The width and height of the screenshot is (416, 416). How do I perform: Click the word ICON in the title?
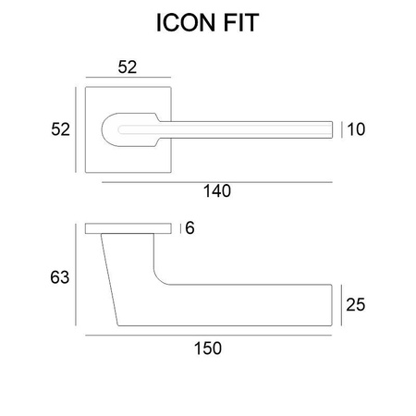tap(186, 23)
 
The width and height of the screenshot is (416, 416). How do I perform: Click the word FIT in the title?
tap(241, 23)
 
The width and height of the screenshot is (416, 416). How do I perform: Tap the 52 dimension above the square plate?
tap(128, 67)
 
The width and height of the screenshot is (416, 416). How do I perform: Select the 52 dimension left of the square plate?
tap(60, 129)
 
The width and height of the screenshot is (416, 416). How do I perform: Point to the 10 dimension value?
tap(356, 129)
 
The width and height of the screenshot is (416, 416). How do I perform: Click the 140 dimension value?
tap(217, 191)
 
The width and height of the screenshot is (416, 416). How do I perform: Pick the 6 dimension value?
tap(190, 228)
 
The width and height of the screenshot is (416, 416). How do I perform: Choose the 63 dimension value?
tap(60, 277)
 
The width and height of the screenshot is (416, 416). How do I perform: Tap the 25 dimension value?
tap(356, 305)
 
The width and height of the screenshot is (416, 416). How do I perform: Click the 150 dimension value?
tap(208, 349)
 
